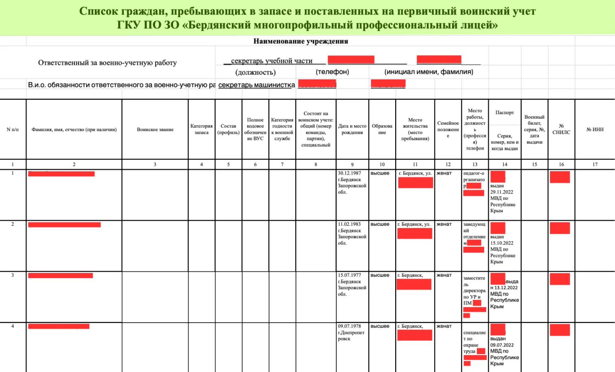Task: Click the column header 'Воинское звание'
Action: pyautogui.click(x=155, y=129)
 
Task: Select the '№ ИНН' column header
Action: pyautogui.click(x=595, y=129)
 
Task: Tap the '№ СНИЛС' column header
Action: pyautogui.click(x=561, y=129)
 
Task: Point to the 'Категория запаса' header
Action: pyautogui.click(x=201, y=129)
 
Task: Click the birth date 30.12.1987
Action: pyautogui.click(x=349, y=173)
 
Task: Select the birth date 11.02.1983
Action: pyautogui.click(x=349, y=224)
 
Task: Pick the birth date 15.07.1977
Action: pyautogui.click(x=349, y=275)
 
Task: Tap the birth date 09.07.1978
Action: pyautogui.click(x=349, y=326)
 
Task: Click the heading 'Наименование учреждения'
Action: pyautogui.click(x=301, y=41)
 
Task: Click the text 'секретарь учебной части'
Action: pyautogui.click(x=271, y=61)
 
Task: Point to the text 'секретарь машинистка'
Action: pyautogui.click(x=256, y=85)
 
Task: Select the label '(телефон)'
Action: pyautogui.click(x=332, y=72)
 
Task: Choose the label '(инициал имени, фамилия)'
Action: pyautogui.click(x=428, y=72)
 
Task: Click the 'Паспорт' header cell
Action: pyautogui.click(x=504, y=113)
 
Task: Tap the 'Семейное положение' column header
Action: pyautogui.click(x=448, y=129)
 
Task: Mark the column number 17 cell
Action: pyautogui.click(x=595, y=164)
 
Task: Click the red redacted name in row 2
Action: pyautogui.click(x=64, y=224)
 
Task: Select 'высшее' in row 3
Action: pyautogui.click(x=380, y=275)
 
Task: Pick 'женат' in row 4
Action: pyautogui.click(x=444, y=326)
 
